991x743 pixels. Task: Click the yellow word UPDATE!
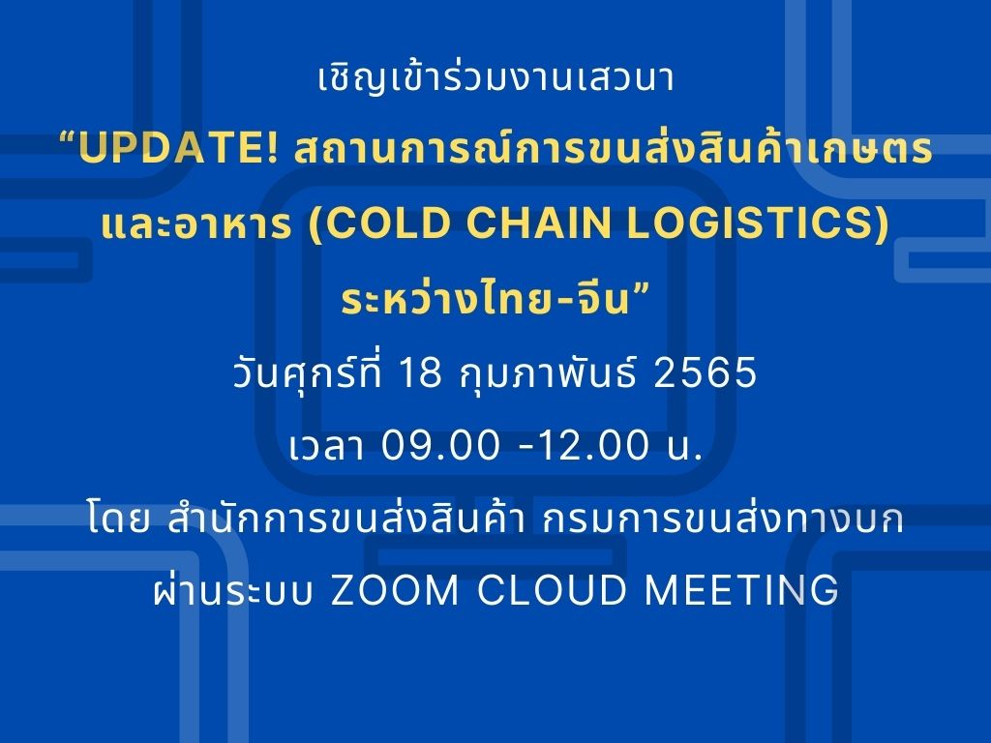pos(178,148)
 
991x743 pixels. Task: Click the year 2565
pos(705,371)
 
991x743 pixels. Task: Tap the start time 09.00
pos(440,445)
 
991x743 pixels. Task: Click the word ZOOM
pos(395,590)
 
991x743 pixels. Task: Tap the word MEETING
pos(741,590)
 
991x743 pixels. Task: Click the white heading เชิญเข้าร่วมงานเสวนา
pos(496,77)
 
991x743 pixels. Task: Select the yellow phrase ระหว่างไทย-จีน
pos(486,297)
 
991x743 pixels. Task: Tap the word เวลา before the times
pos(327,446)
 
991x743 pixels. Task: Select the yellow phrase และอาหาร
pos(196,224)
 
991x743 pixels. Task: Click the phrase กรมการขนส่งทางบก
pos(723,519)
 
